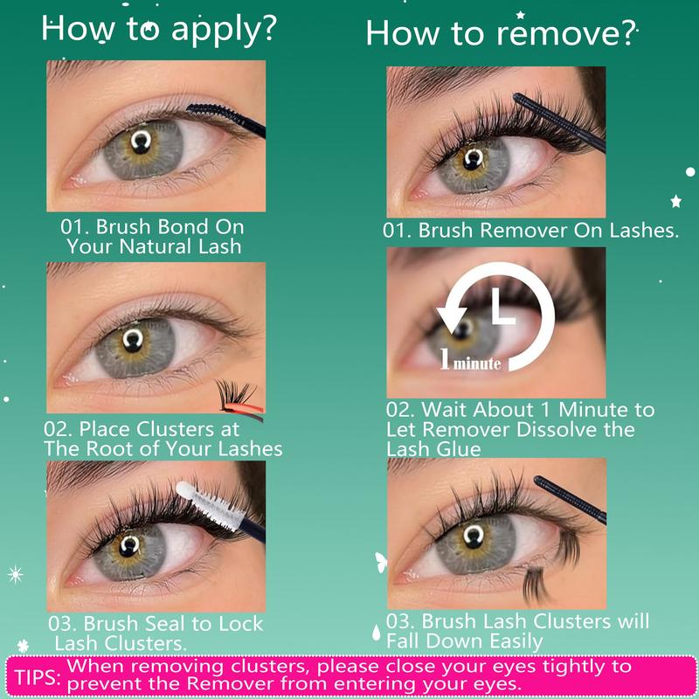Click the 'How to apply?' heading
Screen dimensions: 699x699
159,30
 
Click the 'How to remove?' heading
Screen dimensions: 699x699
501,33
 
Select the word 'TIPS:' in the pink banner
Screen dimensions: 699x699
38,676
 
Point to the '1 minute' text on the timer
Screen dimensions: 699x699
470,360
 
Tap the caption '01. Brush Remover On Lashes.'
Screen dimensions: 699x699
530,230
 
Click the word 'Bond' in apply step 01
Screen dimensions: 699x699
183,226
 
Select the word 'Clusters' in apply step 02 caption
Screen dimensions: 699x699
176,429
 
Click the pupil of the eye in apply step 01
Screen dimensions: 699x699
141,142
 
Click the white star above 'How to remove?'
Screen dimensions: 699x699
520,15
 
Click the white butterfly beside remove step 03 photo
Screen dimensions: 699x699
381,562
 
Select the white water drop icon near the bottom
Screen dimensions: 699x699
377,632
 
